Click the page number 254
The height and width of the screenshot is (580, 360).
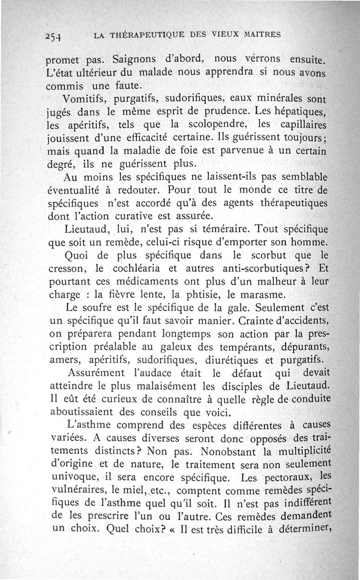(x=54, y=36)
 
